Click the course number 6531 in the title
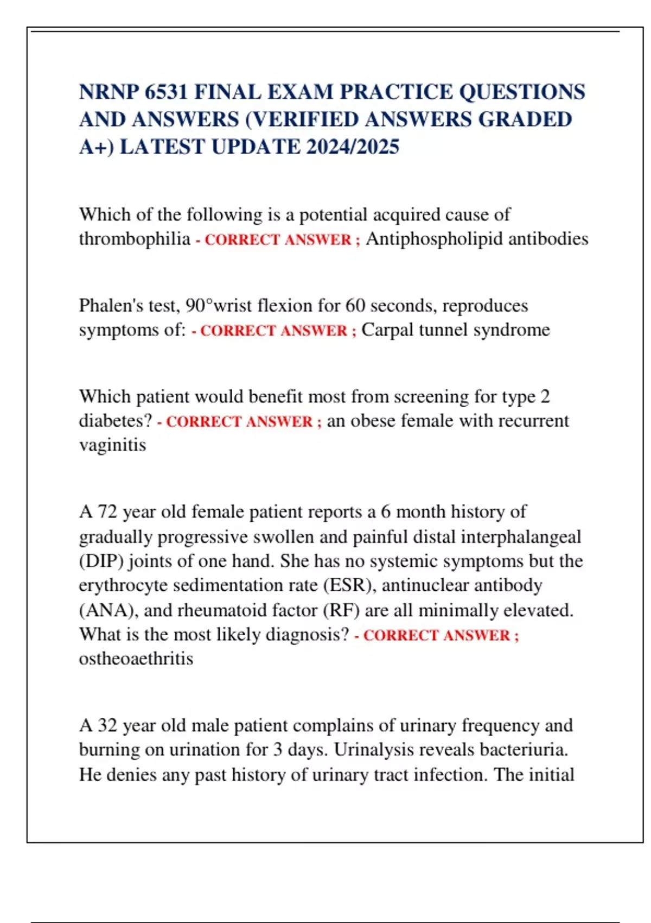pyautogui.click(x=166, y=92)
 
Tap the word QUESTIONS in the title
pyautogui.click(x=522, y=92)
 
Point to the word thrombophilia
pyautogui.click(x=135, y=238)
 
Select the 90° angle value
pyautogui.click(x=199, y=305)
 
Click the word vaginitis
pyautogui.click(x=112, y=445)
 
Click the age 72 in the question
pyautogui.click(x=107, y=511)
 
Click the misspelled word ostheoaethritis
pyautogui.click(x=136, y=659)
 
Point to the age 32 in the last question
pyautogui.click(x=107, y=725)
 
